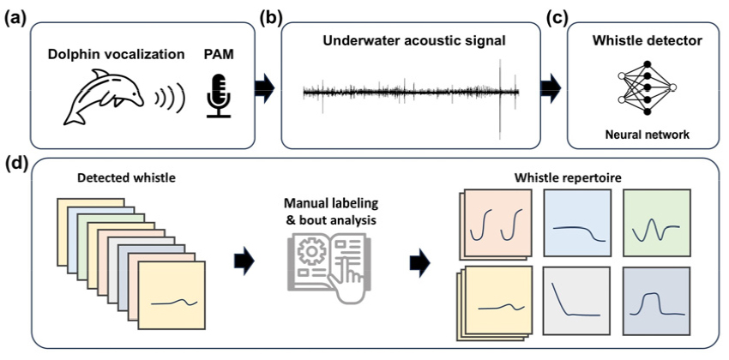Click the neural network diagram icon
pyautogui.click(x=646, y=87)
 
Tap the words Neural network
pyautogui.click(x=646, y=135)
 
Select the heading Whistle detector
pyautogui.click(x=646, y=40)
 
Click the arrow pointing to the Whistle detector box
pyautogui.click(x=549, y=86)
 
